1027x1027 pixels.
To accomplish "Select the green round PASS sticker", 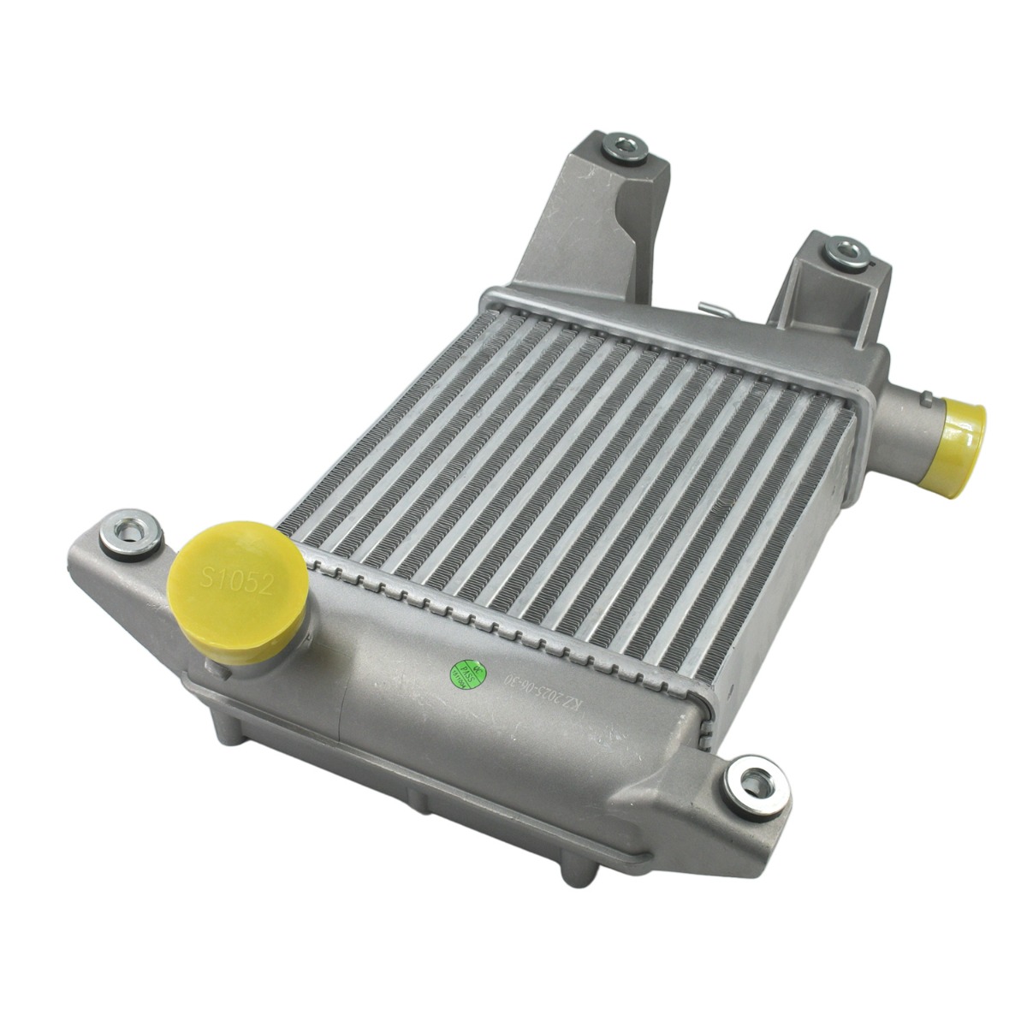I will [x=465, y=673].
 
